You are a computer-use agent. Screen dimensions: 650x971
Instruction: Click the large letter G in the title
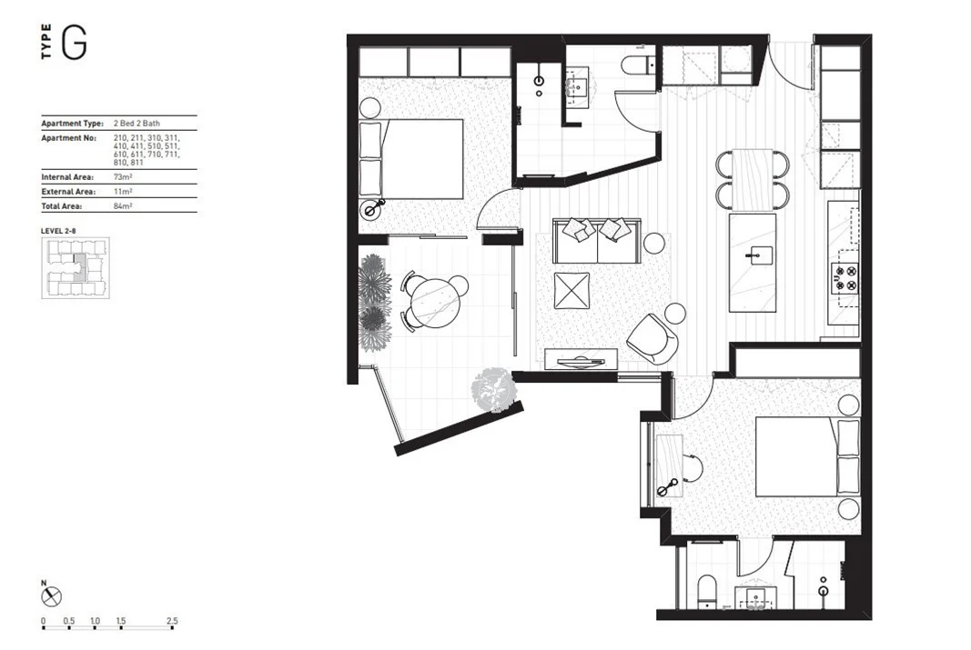(x=74, y=44)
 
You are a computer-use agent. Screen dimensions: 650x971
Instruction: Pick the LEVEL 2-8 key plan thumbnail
(x=75, y=268)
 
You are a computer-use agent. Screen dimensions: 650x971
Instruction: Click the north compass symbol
(x=52, y=597)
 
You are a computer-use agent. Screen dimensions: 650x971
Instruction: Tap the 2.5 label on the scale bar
(x=172, y=622)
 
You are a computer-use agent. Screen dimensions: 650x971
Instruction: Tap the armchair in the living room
(x=653, y=338)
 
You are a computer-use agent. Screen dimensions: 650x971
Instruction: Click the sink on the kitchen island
(x=754, y=255)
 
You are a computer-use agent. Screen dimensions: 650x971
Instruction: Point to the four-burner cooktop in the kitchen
(x=845, y=277)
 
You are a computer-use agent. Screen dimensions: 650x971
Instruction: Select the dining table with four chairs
(x=752, y=178)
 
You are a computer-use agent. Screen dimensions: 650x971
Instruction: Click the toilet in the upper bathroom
(x=640, y=65)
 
